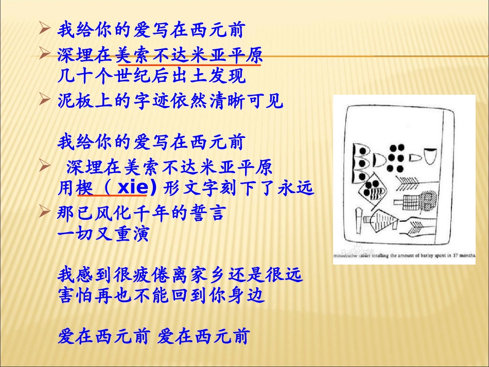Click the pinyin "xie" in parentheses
tap(131, 188)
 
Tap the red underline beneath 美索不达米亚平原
tap(189, 65)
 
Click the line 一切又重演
tap(103, 235)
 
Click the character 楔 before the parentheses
tap(84, 189)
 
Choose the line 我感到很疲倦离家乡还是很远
tap(180, 275)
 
